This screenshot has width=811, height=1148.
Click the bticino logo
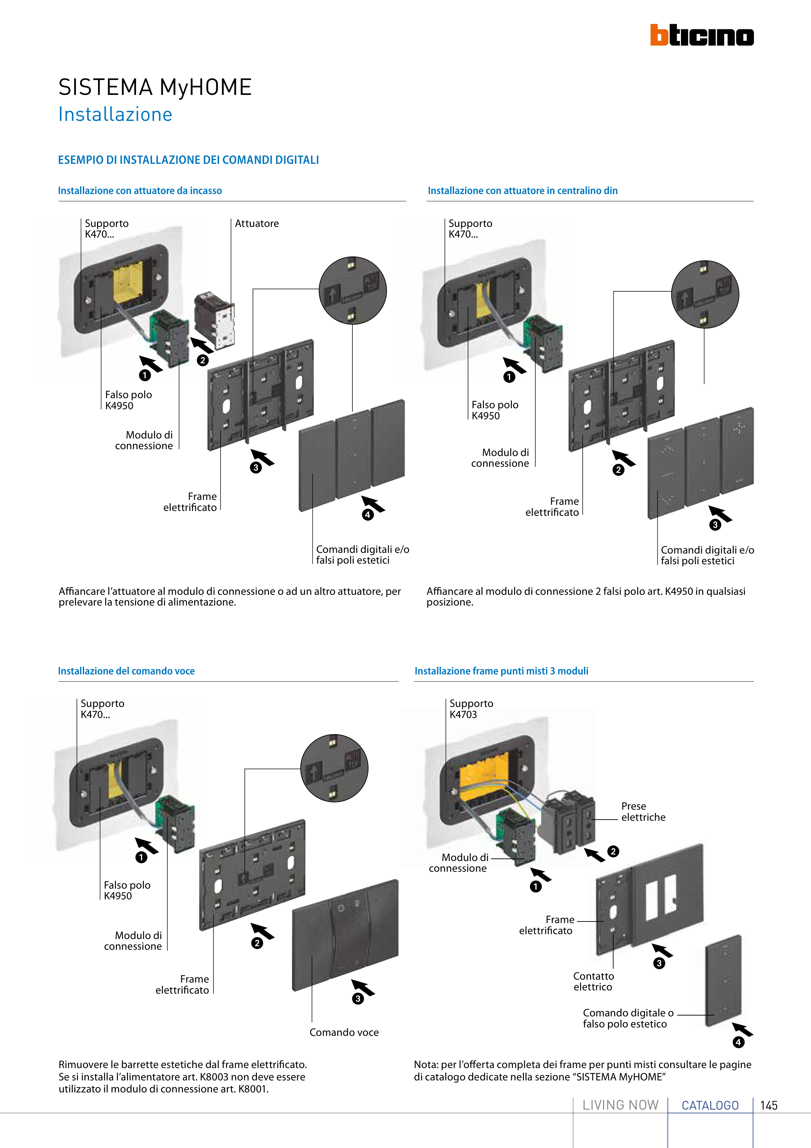pos(702,35)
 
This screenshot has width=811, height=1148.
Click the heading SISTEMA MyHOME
pos(155,87)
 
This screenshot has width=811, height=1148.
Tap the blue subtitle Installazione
pos(115,114)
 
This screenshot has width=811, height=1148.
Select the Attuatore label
pos(257,224)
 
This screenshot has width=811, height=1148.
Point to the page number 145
pos(768,1105)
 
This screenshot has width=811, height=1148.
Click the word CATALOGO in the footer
pos(710,1105)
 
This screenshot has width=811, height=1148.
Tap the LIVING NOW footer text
pos(621,1105)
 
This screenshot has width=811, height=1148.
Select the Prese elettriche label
pos(643,812)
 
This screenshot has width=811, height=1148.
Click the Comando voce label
pos(344,1032)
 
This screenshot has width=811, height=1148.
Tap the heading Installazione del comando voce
pos(126,671)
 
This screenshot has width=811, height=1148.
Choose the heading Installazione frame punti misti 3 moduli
pos(501,671)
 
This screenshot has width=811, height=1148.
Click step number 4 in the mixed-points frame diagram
pos(738,1042)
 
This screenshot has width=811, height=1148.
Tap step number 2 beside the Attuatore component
pos(202,360)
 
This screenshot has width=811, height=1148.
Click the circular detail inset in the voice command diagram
pos(334,768)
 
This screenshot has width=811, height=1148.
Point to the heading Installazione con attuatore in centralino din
pos(522,190)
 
